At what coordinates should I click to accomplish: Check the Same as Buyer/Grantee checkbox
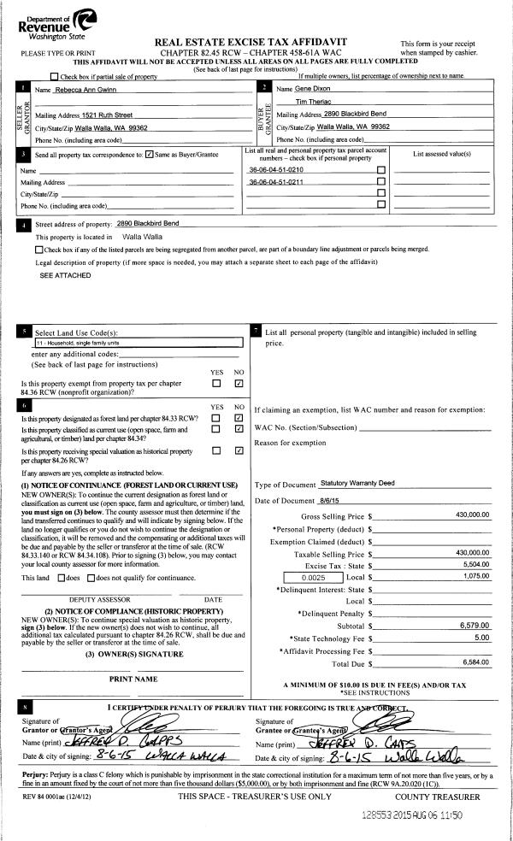point(150,155)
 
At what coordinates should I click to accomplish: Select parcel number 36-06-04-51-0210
point(275,170)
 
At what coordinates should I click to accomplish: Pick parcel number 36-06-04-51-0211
point(275,182)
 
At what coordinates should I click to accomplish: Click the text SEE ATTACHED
point(59,276)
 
